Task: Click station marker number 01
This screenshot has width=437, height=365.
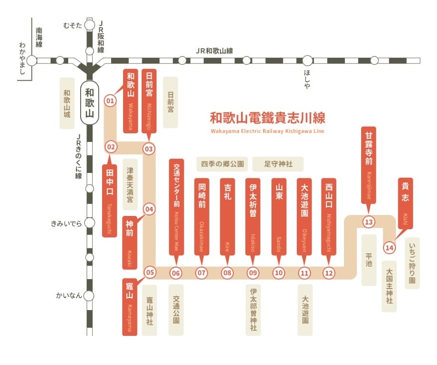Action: point(110,101)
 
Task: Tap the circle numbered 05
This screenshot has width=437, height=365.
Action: point(150,272)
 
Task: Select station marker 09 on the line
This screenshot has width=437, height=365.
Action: point(253,273)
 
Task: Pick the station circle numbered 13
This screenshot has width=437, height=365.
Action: point(369,222)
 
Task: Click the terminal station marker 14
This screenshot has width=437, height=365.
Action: point(389,247)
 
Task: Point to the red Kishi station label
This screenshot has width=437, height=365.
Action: point(405,203)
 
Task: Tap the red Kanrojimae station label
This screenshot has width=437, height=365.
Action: point(369,165)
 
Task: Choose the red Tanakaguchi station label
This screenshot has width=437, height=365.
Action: point(110,201)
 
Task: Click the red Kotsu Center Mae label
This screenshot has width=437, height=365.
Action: point(177,207)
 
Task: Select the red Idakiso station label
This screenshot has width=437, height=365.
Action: point(253,216)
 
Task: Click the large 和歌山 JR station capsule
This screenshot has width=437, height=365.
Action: point(90,103)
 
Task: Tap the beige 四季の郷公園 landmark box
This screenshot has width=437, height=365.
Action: point(222,164)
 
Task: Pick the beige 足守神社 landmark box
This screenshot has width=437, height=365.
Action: point(278,164)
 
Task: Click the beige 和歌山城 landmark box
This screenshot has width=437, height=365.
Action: point(67,103)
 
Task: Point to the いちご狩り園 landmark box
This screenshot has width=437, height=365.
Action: point(412,263)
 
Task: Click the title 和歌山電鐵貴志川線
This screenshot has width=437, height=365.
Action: point(268,118)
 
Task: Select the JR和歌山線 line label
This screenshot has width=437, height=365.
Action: point(214,51)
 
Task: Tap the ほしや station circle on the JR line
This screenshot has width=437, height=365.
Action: point(308,61)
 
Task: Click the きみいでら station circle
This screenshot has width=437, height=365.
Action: point(90,223)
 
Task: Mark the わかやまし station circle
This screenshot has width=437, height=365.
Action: point(31,61)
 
